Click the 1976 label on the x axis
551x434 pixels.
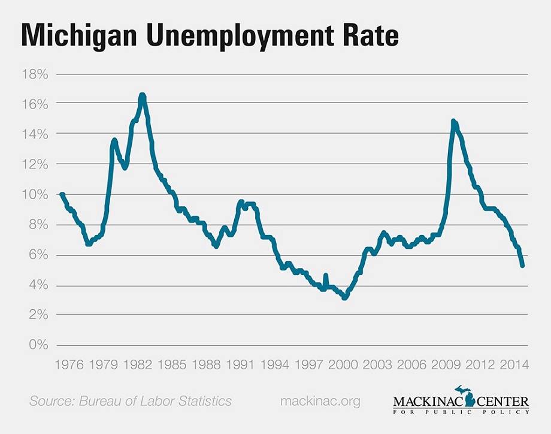tap(70, 364)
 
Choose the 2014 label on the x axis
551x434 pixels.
tap(514, 364)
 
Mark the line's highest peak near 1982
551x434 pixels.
tap(142, 95)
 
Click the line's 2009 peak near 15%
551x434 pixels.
tap(453, 122)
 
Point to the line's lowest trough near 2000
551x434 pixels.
tap(344, 297)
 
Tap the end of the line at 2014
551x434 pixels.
tap(523, 265)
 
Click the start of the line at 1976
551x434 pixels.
tap(62, 194)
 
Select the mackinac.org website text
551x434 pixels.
tap(320, 401)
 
